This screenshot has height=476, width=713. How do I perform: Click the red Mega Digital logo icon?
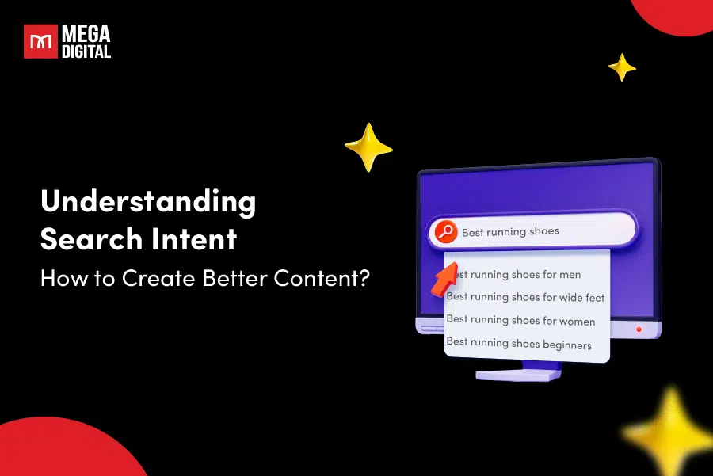40,41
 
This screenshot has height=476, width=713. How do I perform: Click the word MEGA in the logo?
86,34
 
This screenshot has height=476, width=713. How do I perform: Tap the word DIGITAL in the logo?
86,51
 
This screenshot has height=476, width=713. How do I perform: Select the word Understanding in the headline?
148,202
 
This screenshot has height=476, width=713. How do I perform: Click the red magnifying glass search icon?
445,232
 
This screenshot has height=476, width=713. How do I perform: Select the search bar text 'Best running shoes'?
510,232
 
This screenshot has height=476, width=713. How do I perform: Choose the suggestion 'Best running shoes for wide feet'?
525,297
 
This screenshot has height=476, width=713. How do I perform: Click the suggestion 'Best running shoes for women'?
520,320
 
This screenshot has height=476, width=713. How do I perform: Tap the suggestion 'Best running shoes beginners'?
519,344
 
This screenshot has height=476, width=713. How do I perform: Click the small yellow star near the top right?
622,67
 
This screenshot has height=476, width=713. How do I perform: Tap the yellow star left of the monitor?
369,147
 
